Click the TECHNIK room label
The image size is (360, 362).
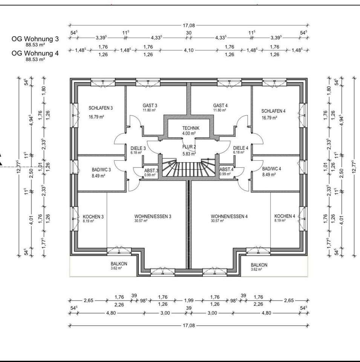tap(191, 128)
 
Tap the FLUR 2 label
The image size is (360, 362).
tap(189, 147)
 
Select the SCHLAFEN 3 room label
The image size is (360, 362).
tap(101, 108)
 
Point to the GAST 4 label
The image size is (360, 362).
tap(221, 106)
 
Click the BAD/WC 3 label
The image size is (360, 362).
tap(101, 170)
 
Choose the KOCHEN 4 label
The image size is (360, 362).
tap(285, 216)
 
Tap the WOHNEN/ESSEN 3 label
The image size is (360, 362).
tap(153, 216)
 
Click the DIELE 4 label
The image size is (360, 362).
tap(241, 148)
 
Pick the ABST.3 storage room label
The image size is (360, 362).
tap(152, 170)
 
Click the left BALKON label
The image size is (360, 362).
tap(119, 264)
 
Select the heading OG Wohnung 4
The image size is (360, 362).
tap(35, 53)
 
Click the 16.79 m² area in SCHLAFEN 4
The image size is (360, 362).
tap(269, 118)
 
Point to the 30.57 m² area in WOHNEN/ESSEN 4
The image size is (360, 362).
tap(217, 221)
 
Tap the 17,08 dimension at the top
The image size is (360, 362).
tap(189, 25)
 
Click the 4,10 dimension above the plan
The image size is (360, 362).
tap(188, 50)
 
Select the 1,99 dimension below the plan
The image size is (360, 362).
tap(188, 301)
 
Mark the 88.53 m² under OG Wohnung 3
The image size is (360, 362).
tap(35, 45)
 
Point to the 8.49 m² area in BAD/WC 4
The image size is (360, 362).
tap(269, 175)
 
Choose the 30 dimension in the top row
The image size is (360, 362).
tap(189, 33)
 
